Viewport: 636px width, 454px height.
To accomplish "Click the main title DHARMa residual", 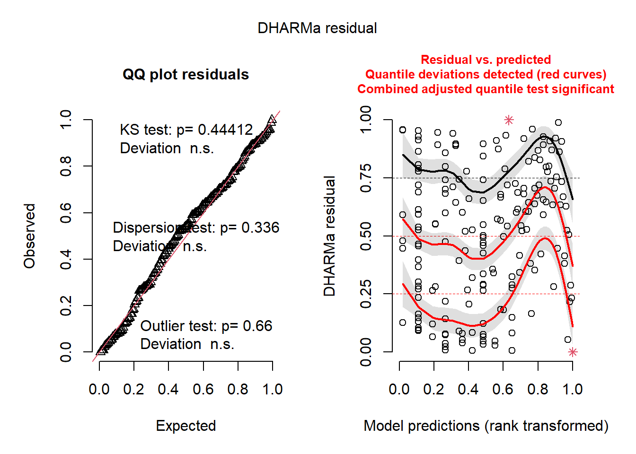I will pos(317,28).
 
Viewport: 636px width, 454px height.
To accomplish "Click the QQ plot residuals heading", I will pos(185,75).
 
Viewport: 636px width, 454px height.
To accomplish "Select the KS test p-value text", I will pos(186,130).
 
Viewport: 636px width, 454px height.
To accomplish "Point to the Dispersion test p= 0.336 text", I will pos(196,227).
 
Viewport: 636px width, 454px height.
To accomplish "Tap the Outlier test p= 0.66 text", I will pos(206,326).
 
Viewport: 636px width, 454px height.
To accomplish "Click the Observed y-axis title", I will pos(30,236).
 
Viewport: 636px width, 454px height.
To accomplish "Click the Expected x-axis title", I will pos(186,426).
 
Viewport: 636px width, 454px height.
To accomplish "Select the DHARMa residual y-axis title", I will pos(329,236).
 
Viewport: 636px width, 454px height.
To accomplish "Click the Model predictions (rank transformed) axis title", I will pos(486,426).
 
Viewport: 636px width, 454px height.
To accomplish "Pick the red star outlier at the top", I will pos(509,120).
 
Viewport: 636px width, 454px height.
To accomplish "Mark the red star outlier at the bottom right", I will pos(573,352).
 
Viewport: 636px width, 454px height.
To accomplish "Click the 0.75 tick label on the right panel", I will pos(366,178).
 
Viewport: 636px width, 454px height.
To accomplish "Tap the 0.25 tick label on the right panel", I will pos(366,294).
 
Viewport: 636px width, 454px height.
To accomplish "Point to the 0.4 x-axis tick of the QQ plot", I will pos(168,389).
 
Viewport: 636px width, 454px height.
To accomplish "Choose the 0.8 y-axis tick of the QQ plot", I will pos(66,166).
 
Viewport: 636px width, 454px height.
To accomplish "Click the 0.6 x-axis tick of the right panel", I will pos(503,389).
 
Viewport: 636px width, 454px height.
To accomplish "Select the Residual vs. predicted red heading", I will pos(486,60).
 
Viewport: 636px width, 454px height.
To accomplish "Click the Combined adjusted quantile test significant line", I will pos(486,89).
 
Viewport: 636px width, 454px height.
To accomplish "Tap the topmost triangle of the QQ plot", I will pos(272,119).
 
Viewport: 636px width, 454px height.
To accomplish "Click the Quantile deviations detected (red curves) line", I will pos(486,74).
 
